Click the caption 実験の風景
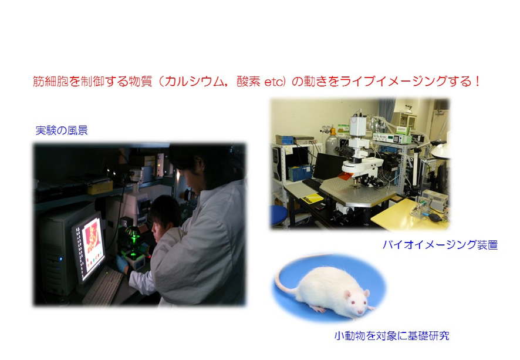[x=62, y=130]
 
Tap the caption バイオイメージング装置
[x=440, y=245]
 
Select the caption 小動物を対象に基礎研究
[x=391, y=336]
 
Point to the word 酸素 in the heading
[x=248, y=82]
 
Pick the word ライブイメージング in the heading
[x=393, y=82]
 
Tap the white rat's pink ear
[x=347, y=294]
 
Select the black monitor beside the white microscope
[x=330, y=166]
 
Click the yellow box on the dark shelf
[x=100, y=187]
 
